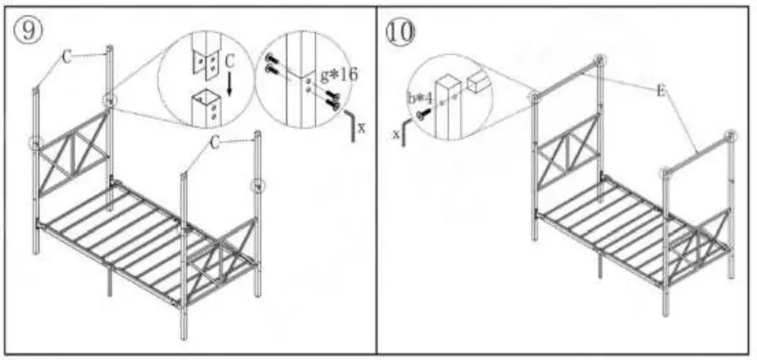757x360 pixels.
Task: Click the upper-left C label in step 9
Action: point(66,57)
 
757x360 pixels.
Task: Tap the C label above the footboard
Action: point(214,143)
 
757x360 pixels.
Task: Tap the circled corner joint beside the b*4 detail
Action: point(535,98)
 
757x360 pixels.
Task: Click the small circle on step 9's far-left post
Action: point(35,143)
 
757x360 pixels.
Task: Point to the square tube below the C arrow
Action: point(204,107)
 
